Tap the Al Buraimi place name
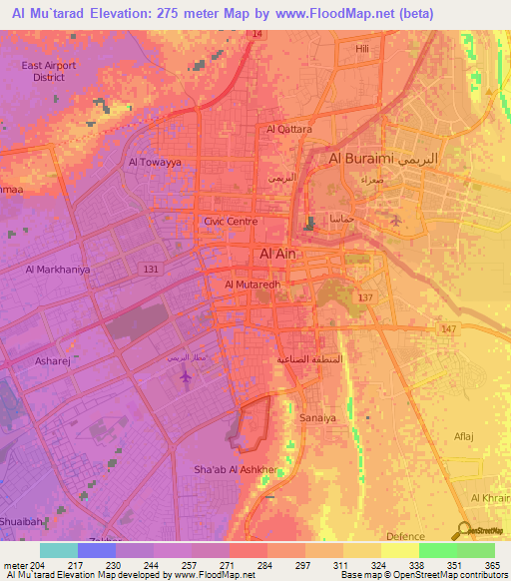361,159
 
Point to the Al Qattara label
289,129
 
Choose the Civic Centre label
231,222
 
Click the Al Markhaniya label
58,270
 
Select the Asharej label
52,361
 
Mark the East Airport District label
48,71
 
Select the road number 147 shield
448,328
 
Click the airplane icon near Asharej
186,377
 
